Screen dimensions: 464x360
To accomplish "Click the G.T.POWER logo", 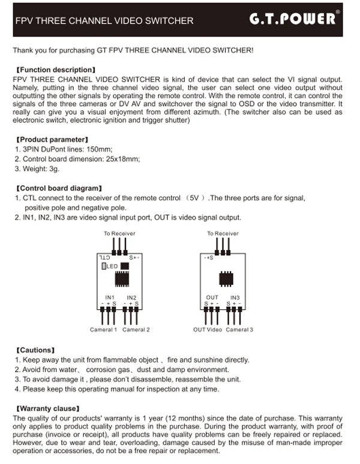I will pyautogui.click(x=292, y=19).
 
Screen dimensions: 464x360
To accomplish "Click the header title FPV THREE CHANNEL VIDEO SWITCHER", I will pyautogui.click(x=104, y=20).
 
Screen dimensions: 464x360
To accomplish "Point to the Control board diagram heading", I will pyautogui.click(x=58, y=188).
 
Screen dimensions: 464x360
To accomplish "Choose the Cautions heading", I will pyautogui.click(x=35, y=350).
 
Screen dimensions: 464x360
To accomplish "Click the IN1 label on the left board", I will pyautogui.click(x=109, y=297).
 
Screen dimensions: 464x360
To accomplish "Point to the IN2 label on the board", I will pyautogui.click(x=131, y=297).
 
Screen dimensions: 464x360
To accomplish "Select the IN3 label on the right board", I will pyautogui.click(x=235, y=297).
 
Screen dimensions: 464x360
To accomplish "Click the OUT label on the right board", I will pyautogui.click(x=212, y=297).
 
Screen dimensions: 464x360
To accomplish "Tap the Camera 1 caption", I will pyautogui.click(x=103, y=330).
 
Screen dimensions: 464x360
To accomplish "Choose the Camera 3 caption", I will pyautogui.click(x=239, y=330).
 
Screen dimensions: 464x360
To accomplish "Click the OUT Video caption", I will pyautogui.click(x=207, y=330).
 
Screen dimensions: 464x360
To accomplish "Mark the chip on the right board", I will pyautogui.click(x=226, y=278).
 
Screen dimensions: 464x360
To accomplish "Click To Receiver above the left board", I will pyautogui.click(x=119, y=233).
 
